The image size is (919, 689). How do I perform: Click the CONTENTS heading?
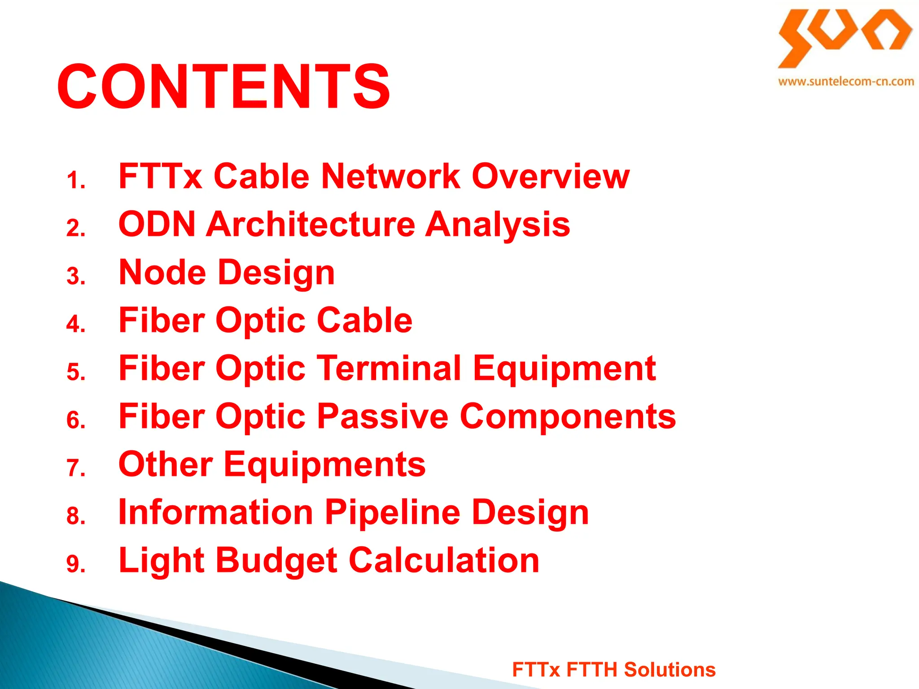coord(223,86)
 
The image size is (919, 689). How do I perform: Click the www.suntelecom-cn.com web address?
coord(846,82)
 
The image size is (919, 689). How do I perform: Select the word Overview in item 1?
coord(551,176)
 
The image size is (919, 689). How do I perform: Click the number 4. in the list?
coord(76,324)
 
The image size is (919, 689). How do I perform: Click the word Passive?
coord(382,416)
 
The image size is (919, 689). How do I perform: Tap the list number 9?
coord(76,563)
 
